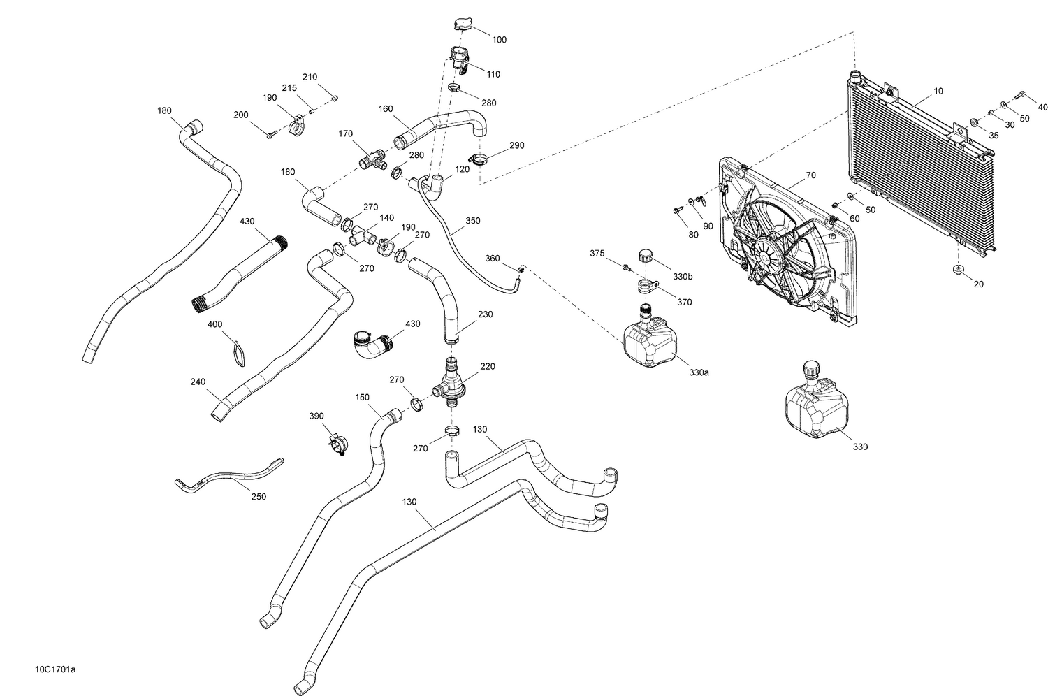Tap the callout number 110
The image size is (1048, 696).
tap(493, 74)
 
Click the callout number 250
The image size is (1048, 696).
tap(258, 496)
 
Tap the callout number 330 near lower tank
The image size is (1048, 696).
tap(860, 447)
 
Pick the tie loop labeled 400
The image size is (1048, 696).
tap(238, 351)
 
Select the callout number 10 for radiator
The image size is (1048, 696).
tap(938, 92)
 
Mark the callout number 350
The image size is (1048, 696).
tap(472, 221)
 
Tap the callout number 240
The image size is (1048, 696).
tap(198, 382)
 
